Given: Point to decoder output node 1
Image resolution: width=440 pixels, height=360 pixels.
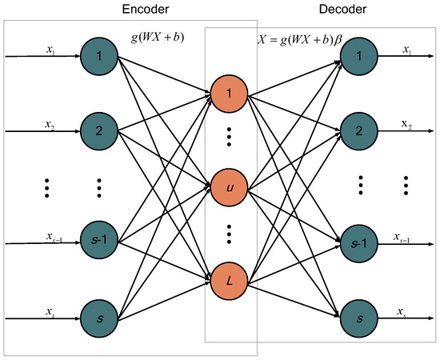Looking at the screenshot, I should pos(358,58).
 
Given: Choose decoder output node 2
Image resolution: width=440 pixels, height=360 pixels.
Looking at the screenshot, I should pos(358,130).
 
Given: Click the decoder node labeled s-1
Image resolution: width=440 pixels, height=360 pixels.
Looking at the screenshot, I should pos(358,242).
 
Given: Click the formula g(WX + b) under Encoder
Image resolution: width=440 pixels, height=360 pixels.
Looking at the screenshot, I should pos(158,37).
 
